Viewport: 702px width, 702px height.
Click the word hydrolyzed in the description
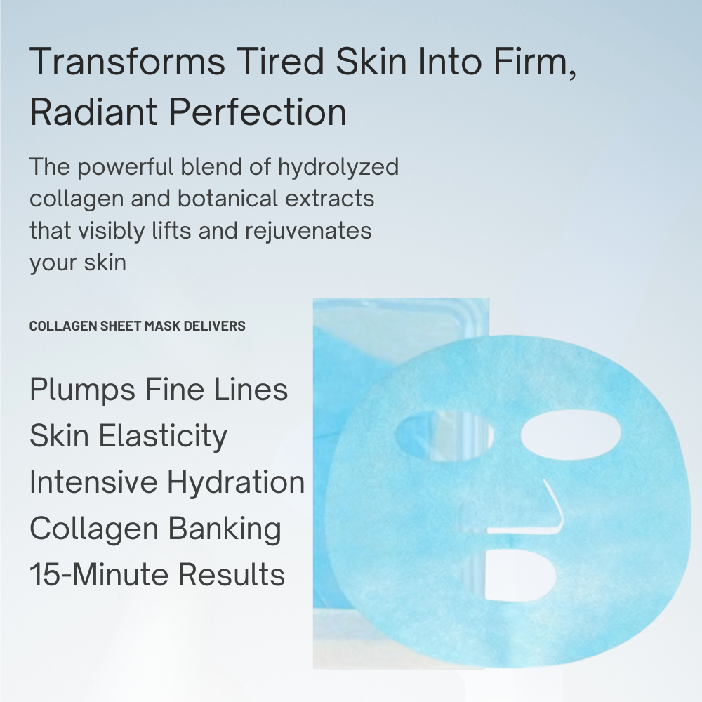(x=338, y=168)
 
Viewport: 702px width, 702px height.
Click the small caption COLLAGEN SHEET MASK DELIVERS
(x=137, y=326)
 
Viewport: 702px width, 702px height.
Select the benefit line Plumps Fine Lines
(x=159, y=389)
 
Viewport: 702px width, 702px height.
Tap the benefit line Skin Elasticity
(x=128, y=435)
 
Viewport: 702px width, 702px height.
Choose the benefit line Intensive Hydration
(x=167, y=482)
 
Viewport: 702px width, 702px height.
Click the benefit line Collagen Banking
(x=155, y=528)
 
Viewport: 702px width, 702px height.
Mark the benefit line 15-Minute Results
(x=157, y=574)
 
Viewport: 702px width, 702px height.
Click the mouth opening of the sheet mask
(x=519, y=575)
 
